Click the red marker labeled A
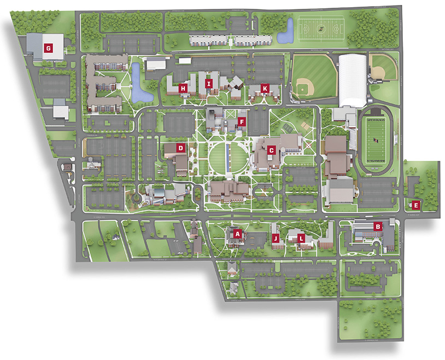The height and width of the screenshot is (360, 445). tap(237, 233)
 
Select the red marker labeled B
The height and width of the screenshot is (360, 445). tap(377, 225)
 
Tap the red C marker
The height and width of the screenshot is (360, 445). tap(271, 149)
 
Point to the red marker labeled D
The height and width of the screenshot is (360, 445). tap(180, 148)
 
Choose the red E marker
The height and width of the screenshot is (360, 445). tap(416, 206)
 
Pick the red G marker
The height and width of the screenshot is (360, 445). tap(49, 48)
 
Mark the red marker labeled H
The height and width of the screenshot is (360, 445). tap(183, 88)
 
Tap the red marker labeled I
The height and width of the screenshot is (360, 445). tap(208, 84)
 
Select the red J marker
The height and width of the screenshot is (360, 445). tap(276, 238)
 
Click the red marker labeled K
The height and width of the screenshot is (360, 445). tap(265, 88)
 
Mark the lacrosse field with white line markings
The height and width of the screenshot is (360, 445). tap(321, 31)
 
